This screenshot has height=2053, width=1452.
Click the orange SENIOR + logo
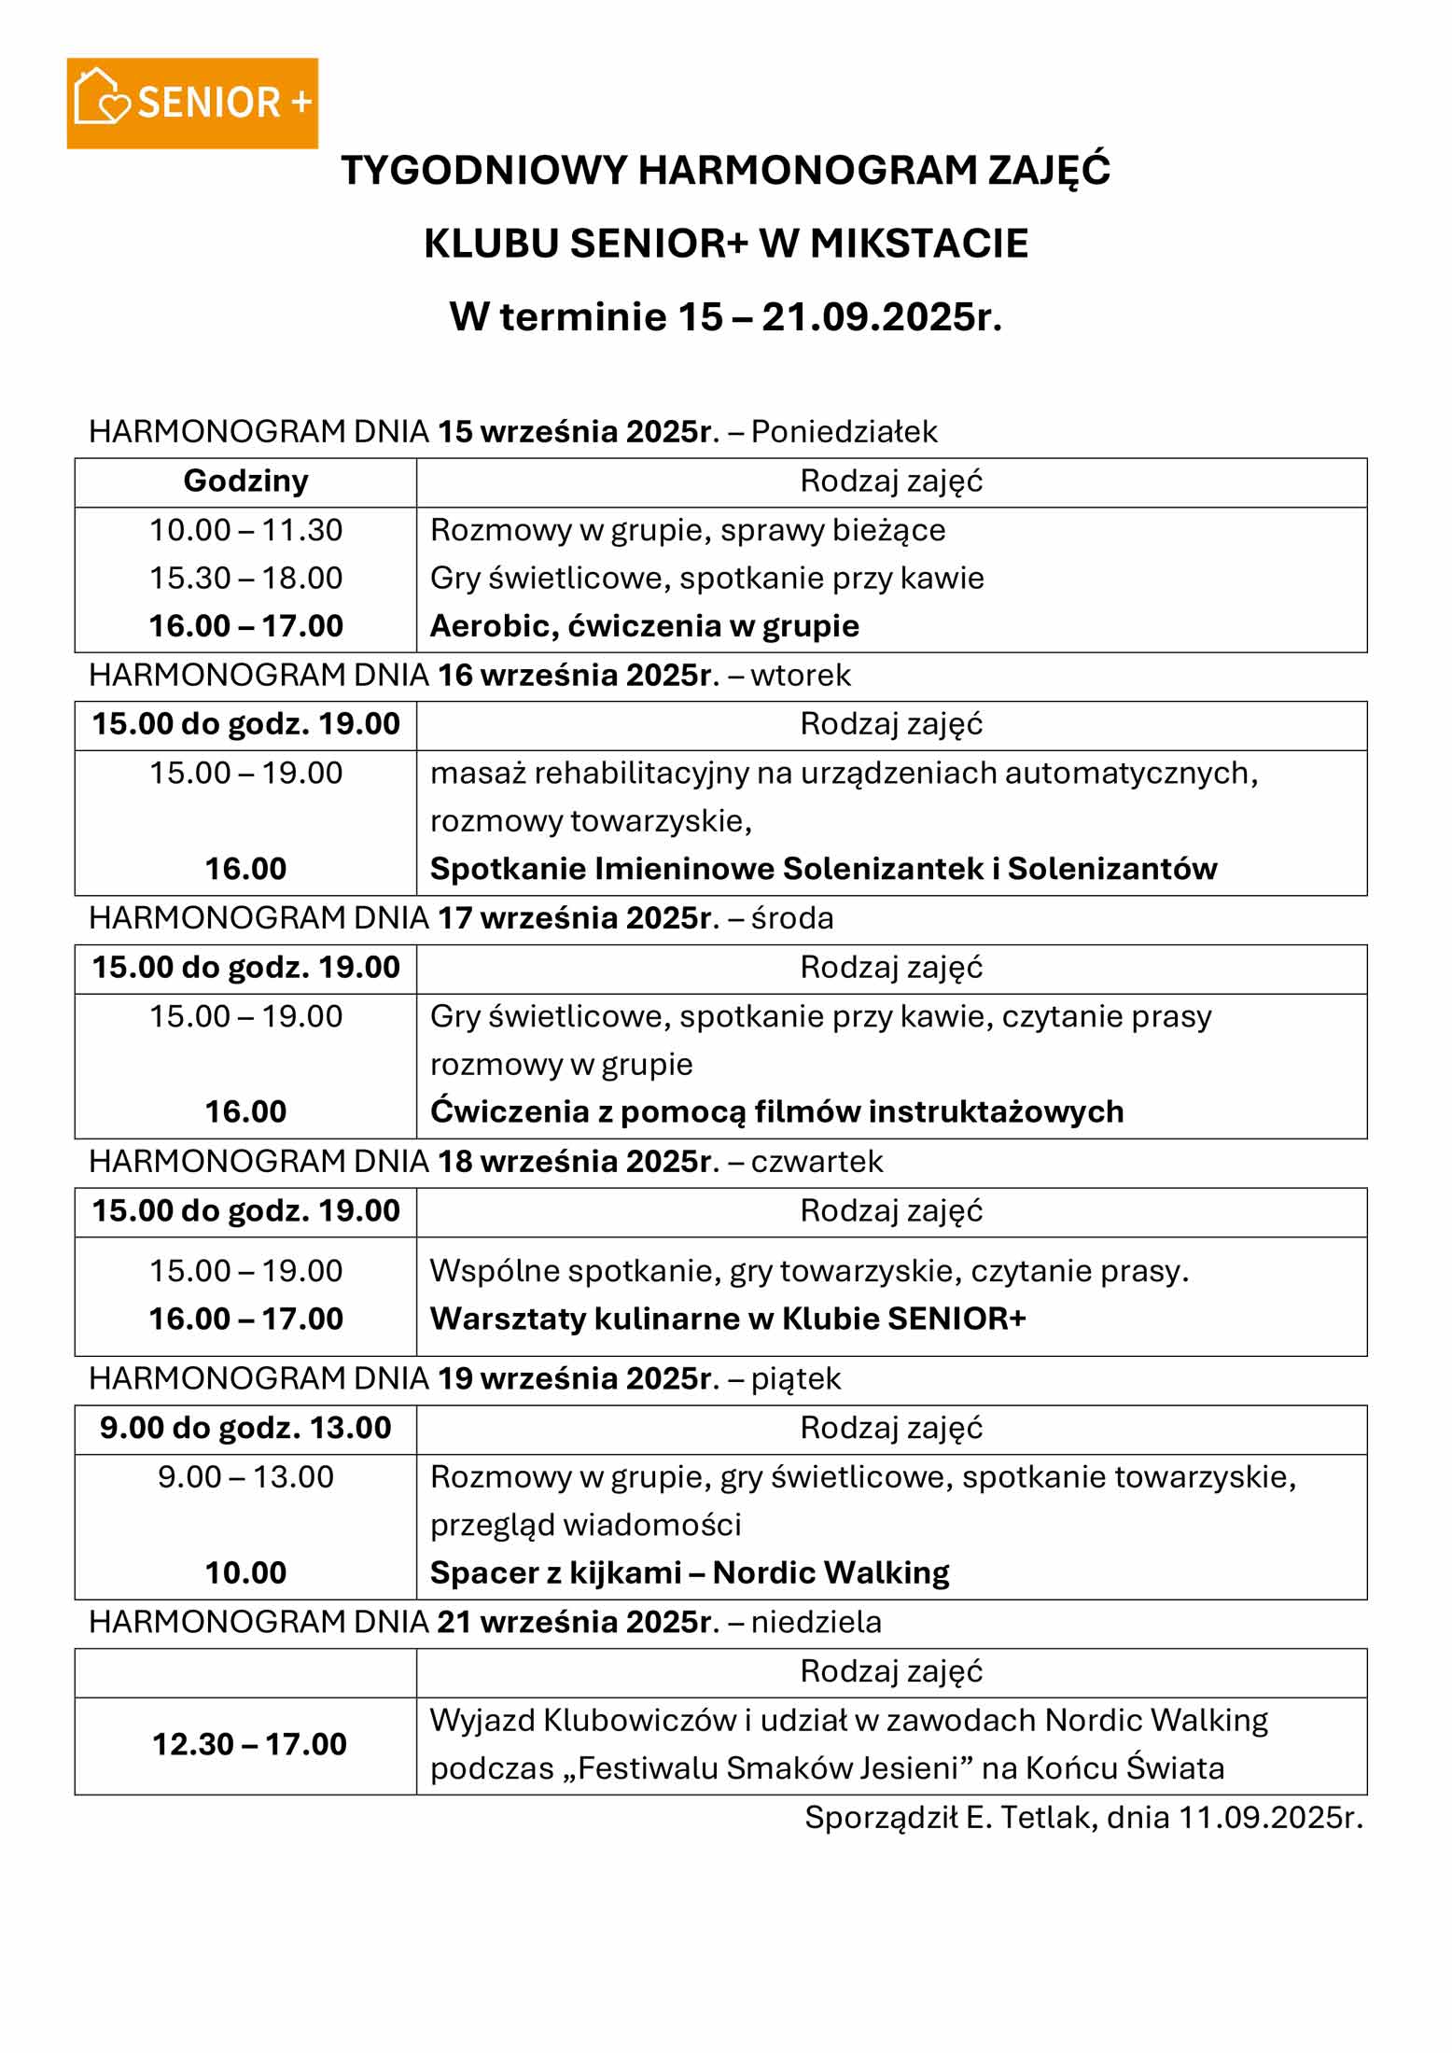coord(192,103)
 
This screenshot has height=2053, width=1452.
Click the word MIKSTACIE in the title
coord(918,244)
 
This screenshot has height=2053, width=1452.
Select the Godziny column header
coord(245,481)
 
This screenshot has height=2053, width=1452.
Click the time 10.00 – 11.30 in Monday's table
coord(245,530)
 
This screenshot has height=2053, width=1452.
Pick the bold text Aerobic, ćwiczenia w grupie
coord(644,625)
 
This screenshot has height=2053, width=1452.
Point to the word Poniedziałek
coord(844,431)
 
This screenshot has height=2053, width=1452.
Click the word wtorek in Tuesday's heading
coord(801,675)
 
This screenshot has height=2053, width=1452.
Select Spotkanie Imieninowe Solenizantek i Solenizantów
coord(823,869)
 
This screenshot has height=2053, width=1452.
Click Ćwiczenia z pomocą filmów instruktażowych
coord(776,1111)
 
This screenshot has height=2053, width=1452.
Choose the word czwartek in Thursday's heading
coord(817,1161)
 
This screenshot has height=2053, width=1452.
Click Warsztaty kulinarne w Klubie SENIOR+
coord(728,1319)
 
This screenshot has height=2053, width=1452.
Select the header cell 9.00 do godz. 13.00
coord(245,1428)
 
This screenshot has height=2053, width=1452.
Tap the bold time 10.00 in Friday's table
coord(245,1572)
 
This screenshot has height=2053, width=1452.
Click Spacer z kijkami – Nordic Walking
coord(690,1572)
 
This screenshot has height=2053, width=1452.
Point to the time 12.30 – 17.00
coord(249,1744)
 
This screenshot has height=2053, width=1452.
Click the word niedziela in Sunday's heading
coord(816,1622)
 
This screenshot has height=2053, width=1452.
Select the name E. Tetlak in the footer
coord(1031,1817)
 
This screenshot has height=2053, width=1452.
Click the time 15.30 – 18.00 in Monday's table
coord(245,578)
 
